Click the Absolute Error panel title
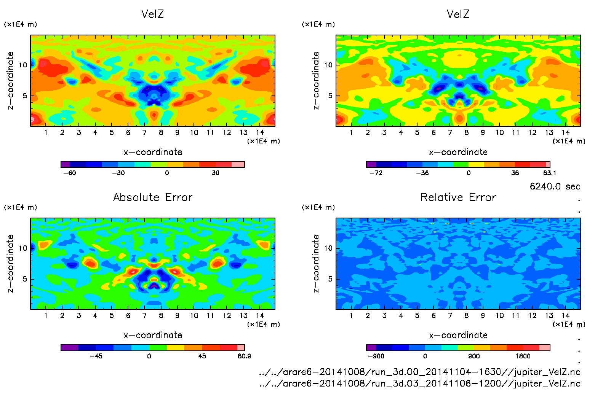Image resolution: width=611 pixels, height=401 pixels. coord(153,197)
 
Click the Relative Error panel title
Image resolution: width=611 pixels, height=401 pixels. coord(458,197)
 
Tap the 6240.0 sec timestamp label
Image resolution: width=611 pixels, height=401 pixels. coord(555,186)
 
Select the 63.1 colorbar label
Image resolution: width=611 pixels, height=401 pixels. coord(549,173)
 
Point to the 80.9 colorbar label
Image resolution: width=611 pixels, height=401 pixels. coord(244,356)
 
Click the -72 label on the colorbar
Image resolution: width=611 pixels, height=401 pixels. coord(376,173)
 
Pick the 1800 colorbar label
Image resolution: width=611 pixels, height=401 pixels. coord(523,356)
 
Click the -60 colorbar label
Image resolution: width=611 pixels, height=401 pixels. coord(70,173)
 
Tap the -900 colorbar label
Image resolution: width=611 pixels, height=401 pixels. coord(376,356)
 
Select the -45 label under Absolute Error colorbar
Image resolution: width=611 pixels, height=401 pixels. coord(96,356)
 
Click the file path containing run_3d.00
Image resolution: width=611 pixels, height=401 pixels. coord(419,372)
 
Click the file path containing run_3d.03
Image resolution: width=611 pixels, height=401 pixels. coord(419,383)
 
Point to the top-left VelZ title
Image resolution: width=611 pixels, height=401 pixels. coord(152,14)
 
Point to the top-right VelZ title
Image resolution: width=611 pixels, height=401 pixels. coord(458,14)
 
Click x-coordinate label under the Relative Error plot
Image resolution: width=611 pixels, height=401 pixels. coord(458,335)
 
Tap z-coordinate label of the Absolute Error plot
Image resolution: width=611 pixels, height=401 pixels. coord(10,264)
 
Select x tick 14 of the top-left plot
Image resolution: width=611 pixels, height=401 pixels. coord(260,132)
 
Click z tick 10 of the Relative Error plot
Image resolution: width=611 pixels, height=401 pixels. coord(328,248)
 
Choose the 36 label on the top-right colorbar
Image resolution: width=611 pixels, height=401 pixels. coord(515,173)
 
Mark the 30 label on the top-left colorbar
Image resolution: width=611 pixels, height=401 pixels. coord(216,173)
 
